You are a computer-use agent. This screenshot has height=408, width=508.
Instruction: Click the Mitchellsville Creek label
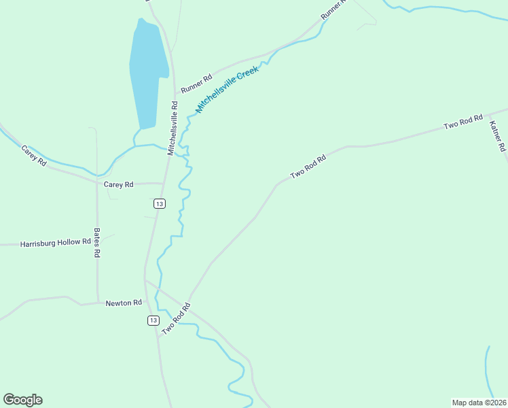tap(228, 89)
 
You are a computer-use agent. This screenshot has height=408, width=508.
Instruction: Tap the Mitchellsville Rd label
tap(174, 128)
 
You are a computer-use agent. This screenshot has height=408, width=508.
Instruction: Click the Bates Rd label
tap(97, 242)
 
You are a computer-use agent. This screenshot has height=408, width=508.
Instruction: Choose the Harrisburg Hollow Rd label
tap(56, 242)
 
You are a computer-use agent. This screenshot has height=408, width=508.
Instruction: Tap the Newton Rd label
tap(124, 303)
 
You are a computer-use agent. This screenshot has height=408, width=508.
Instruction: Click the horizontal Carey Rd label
tap(118, 184)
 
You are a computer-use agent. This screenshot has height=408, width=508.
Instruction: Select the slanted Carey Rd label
tap(33, 156)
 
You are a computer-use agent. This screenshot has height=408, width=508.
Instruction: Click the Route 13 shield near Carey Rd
tap(159, 203)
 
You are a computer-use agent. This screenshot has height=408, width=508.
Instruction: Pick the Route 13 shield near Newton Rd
tap(153, 320)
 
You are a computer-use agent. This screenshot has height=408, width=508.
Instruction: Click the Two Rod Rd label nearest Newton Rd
tap(174, 318)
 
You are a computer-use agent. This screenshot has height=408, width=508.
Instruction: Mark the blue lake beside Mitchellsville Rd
tap(148, 72)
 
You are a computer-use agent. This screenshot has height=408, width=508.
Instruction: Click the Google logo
tap(22, 399)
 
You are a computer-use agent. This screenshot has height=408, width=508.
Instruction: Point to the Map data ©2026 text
tap(479, 402)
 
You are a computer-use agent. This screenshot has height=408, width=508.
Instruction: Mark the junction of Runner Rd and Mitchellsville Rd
tap(175, 92)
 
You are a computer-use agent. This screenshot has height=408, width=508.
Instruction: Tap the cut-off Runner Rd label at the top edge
tap(332, 9)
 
